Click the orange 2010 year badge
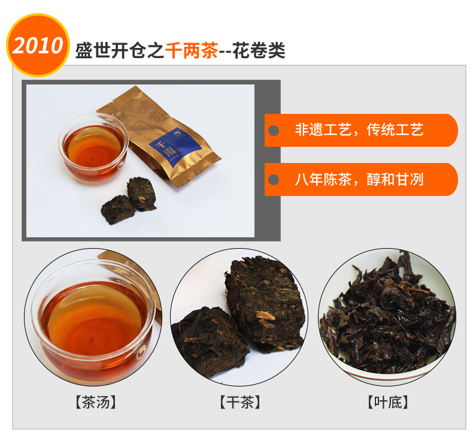pyautogui.click(x=38, y=45)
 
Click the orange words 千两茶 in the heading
pyautogui.click(x=192, y=50)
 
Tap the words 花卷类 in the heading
pyautogui.click(x=259, y=50)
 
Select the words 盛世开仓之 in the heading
pyautogui.click(x=120, y=50)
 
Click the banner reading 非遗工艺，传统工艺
pyautogui.click(x=361, y=131)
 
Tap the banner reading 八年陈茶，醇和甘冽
pyautogui.click(x=361, y=180)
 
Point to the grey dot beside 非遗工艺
pyautogui.click(x=274, y=131)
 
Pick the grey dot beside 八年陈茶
pyautogui.click(x=274, y=180)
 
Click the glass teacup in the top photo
pyautogui.click(x=93, y=148)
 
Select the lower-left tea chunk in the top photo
pyautogui.click(x=117, y=209)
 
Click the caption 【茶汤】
pyautogui.click(x=96, y=402)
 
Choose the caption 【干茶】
pyautogui.click(x=240, y=402)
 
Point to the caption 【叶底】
pyautogui.click(x=387, y=402)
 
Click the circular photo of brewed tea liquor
pyautogui.click(x=93, y=317)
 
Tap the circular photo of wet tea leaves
pyautogui.click(x=387, y=317)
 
